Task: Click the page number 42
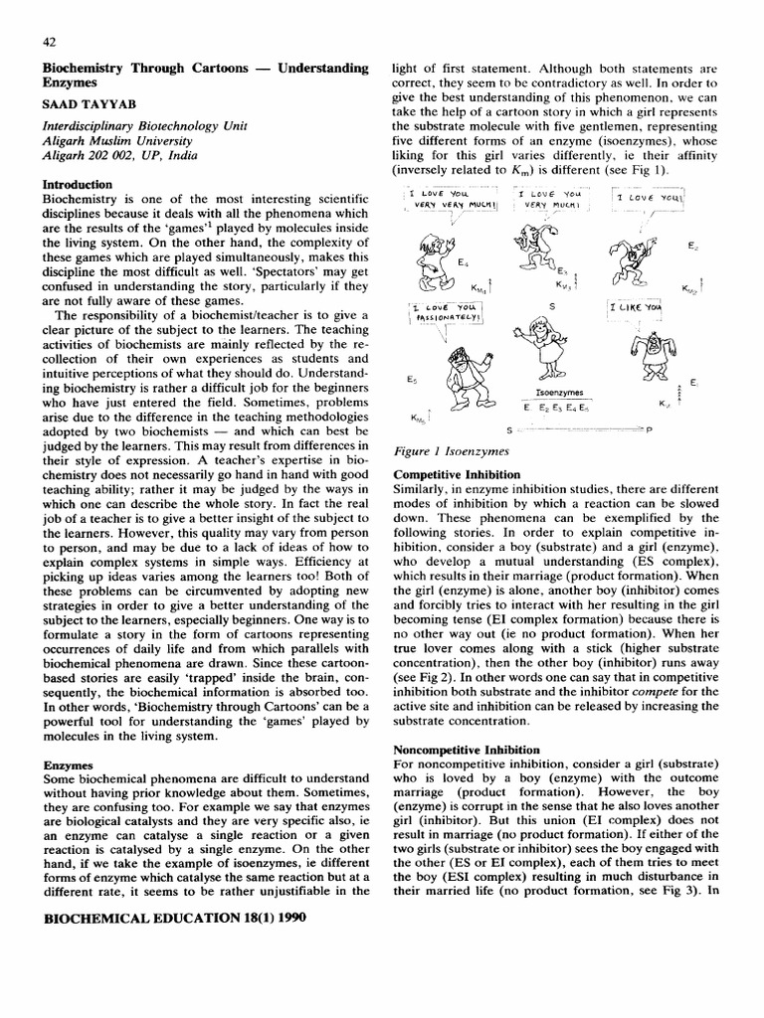(x=49, y=42)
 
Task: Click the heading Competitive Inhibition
(x=456, y=475)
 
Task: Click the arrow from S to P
(x=577, y=428)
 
